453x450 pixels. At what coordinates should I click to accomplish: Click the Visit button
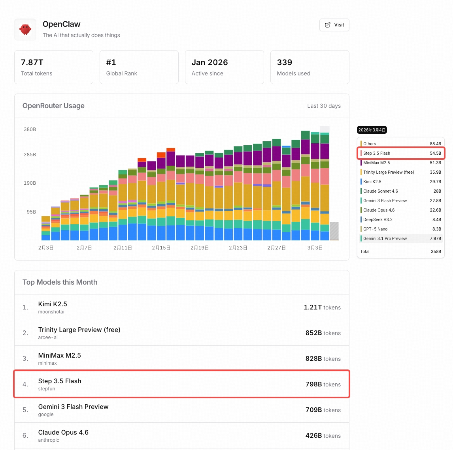334,25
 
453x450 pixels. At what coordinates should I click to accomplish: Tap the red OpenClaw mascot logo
25,29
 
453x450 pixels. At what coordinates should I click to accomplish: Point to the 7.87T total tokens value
32,62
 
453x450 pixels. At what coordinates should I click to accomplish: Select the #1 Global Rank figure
111,62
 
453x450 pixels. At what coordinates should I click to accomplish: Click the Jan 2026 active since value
210,62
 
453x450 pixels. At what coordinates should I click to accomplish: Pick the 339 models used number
285,62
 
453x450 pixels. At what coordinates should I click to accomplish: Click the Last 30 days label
324,106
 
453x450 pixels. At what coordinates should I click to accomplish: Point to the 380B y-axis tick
30,129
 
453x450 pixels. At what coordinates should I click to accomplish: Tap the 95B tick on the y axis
31,212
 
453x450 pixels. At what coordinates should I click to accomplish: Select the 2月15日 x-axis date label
161,248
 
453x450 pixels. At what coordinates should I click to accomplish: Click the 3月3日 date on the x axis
315,248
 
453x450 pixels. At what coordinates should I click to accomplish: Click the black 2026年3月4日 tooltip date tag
372,130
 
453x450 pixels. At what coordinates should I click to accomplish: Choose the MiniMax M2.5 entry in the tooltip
376,163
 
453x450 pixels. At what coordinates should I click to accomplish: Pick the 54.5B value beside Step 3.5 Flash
435,153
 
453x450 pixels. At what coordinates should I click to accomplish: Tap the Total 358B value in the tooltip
436,251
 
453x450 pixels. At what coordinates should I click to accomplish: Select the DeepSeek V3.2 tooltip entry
377,219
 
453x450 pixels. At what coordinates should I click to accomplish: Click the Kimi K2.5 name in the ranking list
53,304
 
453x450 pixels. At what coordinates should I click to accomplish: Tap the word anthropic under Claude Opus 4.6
49,440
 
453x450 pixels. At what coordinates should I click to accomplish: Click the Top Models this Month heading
60,282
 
